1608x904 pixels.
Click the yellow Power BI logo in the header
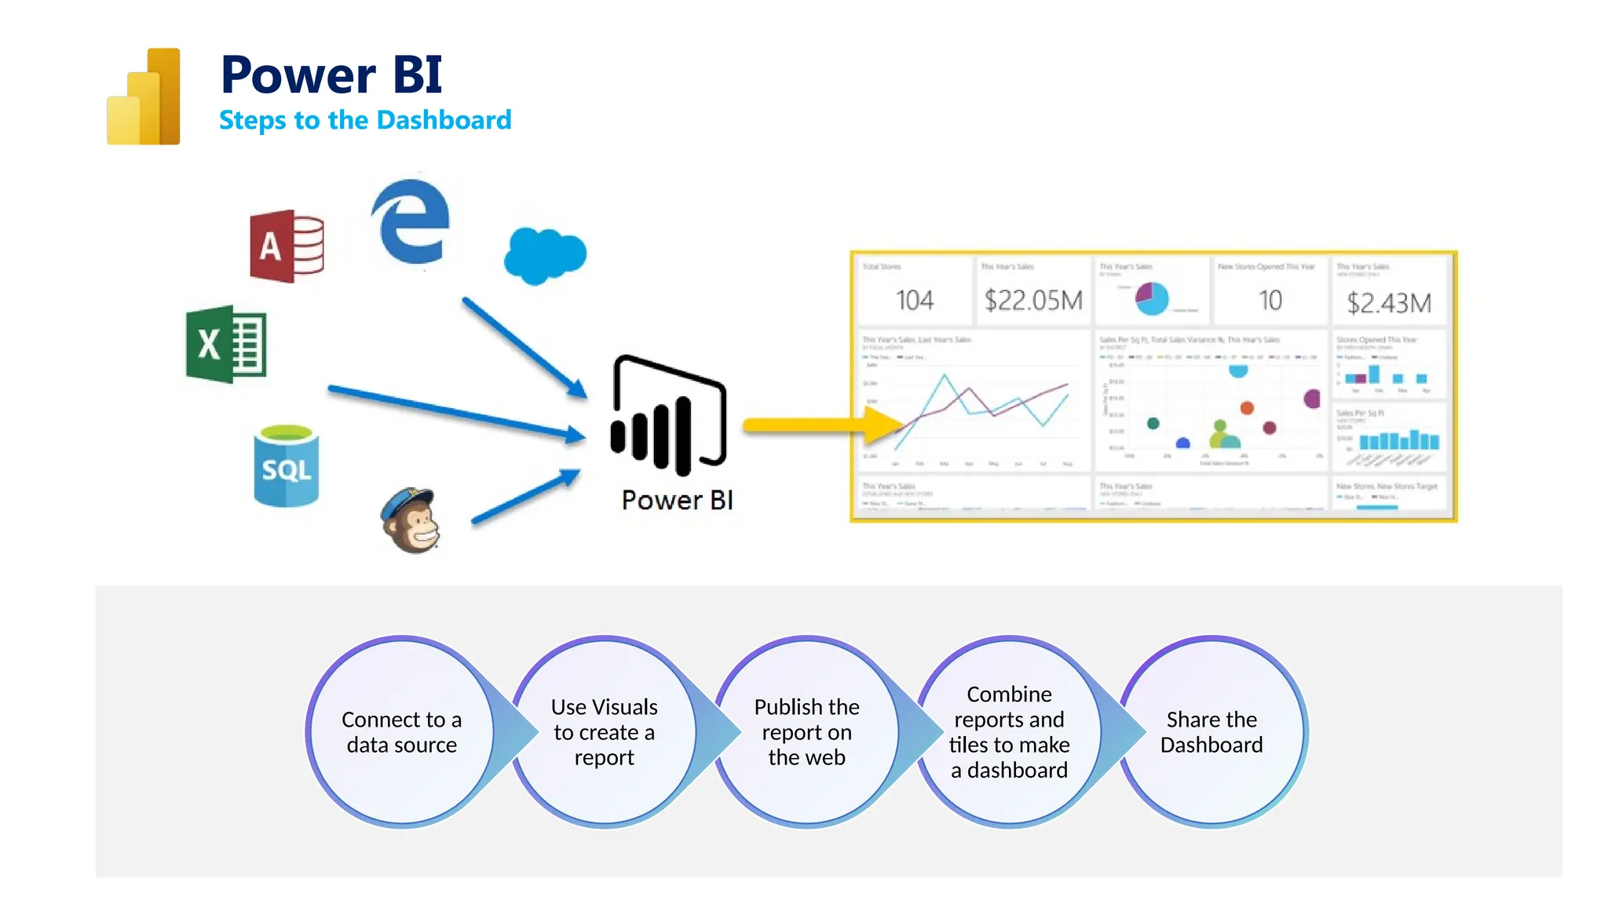coord(144,97)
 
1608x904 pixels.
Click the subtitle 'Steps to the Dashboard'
coord(365,120)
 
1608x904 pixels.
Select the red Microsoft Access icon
coord(287,246)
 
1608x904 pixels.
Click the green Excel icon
coord(226,344)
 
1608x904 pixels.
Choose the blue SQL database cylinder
coord(287,466)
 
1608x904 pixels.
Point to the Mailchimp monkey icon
coord(411,520)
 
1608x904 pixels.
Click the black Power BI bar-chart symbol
coord(669,415)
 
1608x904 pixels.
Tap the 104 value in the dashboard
coord(915,300)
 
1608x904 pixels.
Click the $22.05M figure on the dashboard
coord(1033,300)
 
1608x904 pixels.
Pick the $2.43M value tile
coord(1389,302)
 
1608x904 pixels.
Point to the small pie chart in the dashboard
coord(1152,298)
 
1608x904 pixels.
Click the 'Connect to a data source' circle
coord(401,732)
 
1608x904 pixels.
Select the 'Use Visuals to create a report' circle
coord(604,732)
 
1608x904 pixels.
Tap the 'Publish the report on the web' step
coord(806,732)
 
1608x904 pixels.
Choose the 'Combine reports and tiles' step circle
coord(1009,732)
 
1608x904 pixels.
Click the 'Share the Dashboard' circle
coord(1211,732)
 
